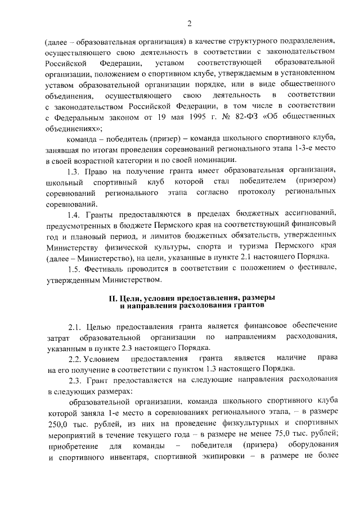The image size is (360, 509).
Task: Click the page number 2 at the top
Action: tap(190, 23)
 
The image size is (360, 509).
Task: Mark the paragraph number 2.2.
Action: tap(75, 358)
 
